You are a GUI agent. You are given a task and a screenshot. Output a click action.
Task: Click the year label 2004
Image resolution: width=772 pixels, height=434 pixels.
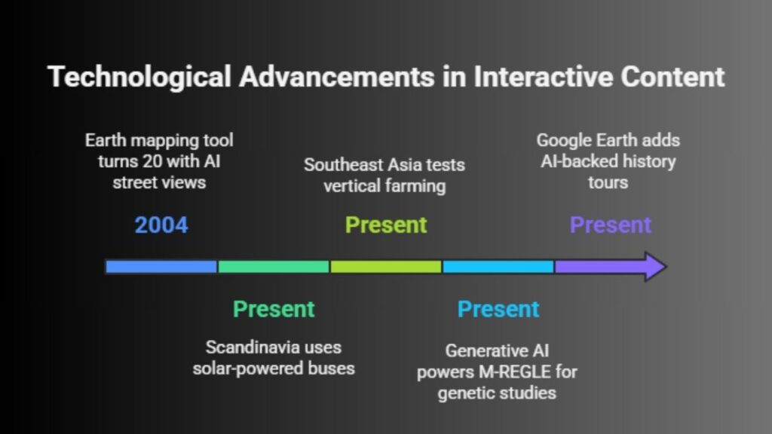coord(161,225)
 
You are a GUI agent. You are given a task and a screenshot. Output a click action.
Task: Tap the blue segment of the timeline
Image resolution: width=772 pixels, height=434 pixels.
coord(161,266)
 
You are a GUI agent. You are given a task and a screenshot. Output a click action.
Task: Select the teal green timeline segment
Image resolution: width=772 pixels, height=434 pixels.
coord(274,266)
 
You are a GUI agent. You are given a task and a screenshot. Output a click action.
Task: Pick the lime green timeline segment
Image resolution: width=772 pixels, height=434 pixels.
coord(386,266)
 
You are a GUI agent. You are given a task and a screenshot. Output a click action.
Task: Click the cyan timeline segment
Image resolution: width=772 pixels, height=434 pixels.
coord(498,266)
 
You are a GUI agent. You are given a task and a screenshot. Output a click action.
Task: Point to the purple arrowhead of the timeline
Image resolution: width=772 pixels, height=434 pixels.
coord(653,266)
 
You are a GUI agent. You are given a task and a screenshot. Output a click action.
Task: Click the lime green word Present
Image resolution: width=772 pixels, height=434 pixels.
coord(386,225)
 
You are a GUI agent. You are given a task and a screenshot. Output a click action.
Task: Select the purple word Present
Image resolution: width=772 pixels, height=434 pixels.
coord(611,225)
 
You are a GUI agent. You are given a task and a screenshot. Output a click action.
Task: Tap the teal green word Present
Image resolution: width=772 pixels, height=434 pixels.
coord(274,309)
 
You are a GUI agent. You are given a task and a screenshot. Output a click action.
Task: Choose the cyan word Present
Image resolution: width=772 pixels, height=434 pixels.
coord(498,309)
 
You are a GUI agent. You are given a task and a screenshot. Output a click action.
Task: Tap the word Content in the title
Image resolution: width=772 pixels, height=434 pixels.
coord(672,78)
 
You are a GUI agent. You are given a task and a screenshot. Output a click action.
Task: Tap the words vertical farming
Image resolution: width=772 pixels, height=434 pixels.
coord(384,185)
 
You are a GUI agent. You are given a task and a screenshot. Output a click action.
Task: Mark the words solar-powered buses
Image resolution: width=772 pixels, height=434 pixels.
coord(274,368)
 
